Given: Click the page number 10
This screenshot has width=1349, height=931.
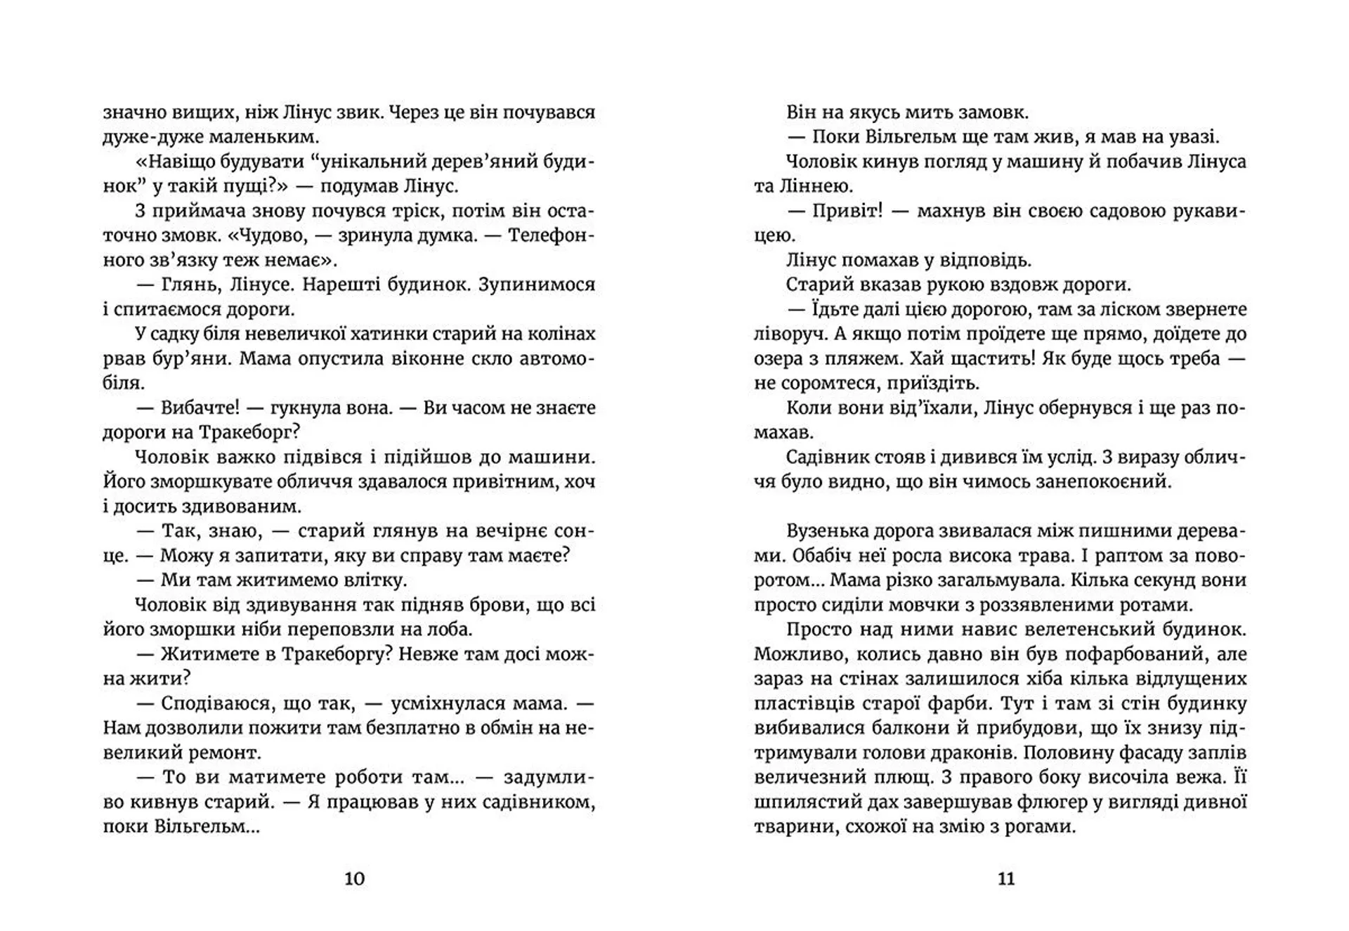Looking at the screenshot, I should pyautogui.click(x=354, y=878).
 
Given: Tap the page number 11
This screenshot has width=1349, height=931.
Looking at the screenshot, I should pyautogui.click(x=1005, y=878).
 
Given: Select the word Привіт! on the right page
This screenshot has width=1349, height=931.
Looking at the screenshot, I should pyautogui.click(x=847, y=211).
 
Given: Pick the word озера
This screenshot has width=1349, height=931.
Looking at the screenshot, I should pyautogui.click(x=779, y=358).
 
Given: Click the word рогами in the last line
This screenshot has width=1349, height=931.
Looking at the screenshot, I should pyautogui.click(x=1040, y=826).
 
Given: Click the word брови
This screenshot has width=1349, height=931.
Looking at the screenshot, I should pyautogui.click(x=495, y=605).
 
